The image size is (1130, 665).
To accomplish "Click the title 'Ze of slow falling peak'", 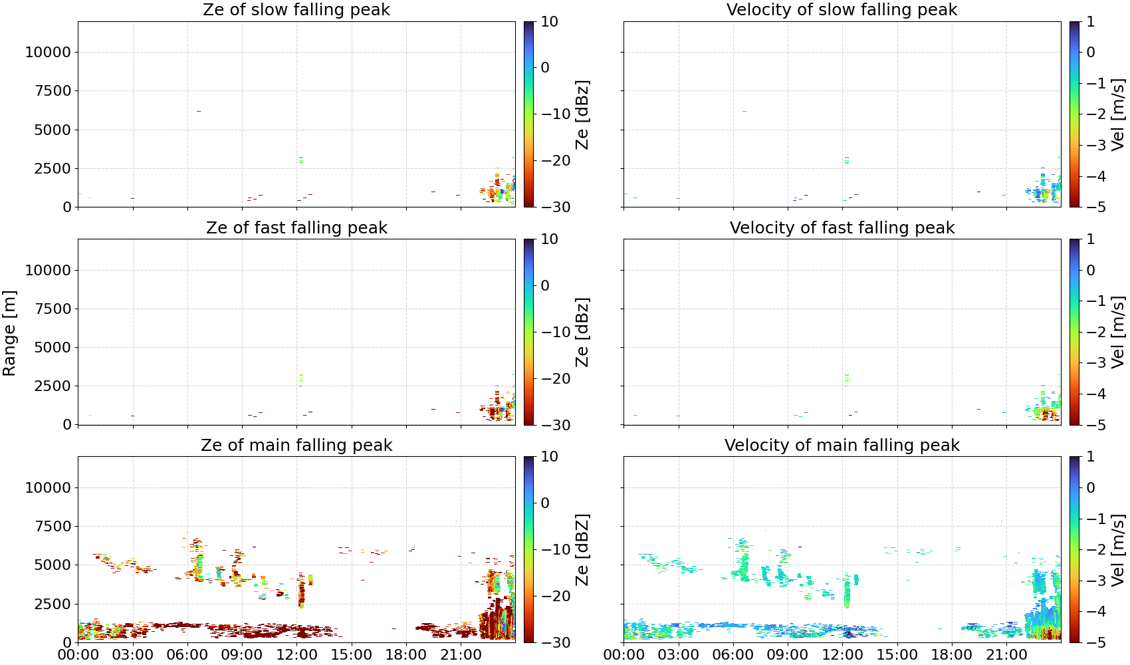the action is [x=296, y=9].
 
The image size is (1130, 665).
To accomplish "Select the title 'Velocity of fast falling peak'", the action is [x=842, y=227].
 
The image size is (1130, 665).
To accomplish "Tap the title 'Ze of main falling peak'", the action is [x=296, y=445].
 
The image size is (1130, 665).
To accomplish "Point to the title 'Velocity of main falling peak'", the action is [x=842, y=445].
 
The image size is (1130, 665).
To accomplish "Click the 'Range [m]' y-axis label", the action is [x=9, y=333].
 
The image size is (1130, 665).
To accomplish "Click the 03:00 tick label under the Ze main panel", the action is [x=133, y=655].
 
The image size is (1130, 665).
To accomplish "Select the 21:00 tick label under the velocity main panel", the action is [x=1006, y=655].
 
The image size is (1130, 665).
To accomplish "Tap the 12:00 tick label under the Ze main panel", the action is [x=296, y=655].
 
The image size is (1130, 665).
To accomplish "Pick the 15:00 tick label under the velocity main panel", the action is [x=897, y=655].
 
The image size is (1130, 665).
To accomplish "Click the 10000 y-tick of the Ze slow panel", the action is [x=48, y=52].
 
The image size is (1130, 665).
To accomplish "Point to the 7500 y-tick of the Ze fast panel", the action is [x=53, y=309].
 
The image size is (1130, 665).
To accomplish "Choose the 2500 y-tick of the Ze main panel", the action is [x=53, y=603].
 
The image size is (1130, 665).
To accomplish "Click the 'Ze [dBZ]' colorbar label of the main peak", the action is [x=582, y=549].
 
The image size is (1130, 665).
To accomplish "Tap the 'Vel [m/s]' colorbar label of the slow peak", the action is [x=1119, y=114].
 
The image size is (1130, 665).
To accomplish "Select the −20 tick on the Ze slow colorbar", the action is [x=556, y=160].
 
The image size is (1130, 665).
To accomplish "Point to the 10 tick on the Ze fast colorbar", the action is [x=549, y=239].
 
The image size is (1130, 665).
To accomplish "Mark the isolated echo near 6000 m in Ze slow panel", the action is [x=198, y=111].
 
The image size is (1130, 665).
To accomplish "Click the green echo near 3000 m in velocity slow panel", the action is [x=846, y=160].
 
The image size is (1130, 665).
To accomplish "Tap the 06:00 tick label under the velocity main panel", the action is [x=733, y=655].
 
